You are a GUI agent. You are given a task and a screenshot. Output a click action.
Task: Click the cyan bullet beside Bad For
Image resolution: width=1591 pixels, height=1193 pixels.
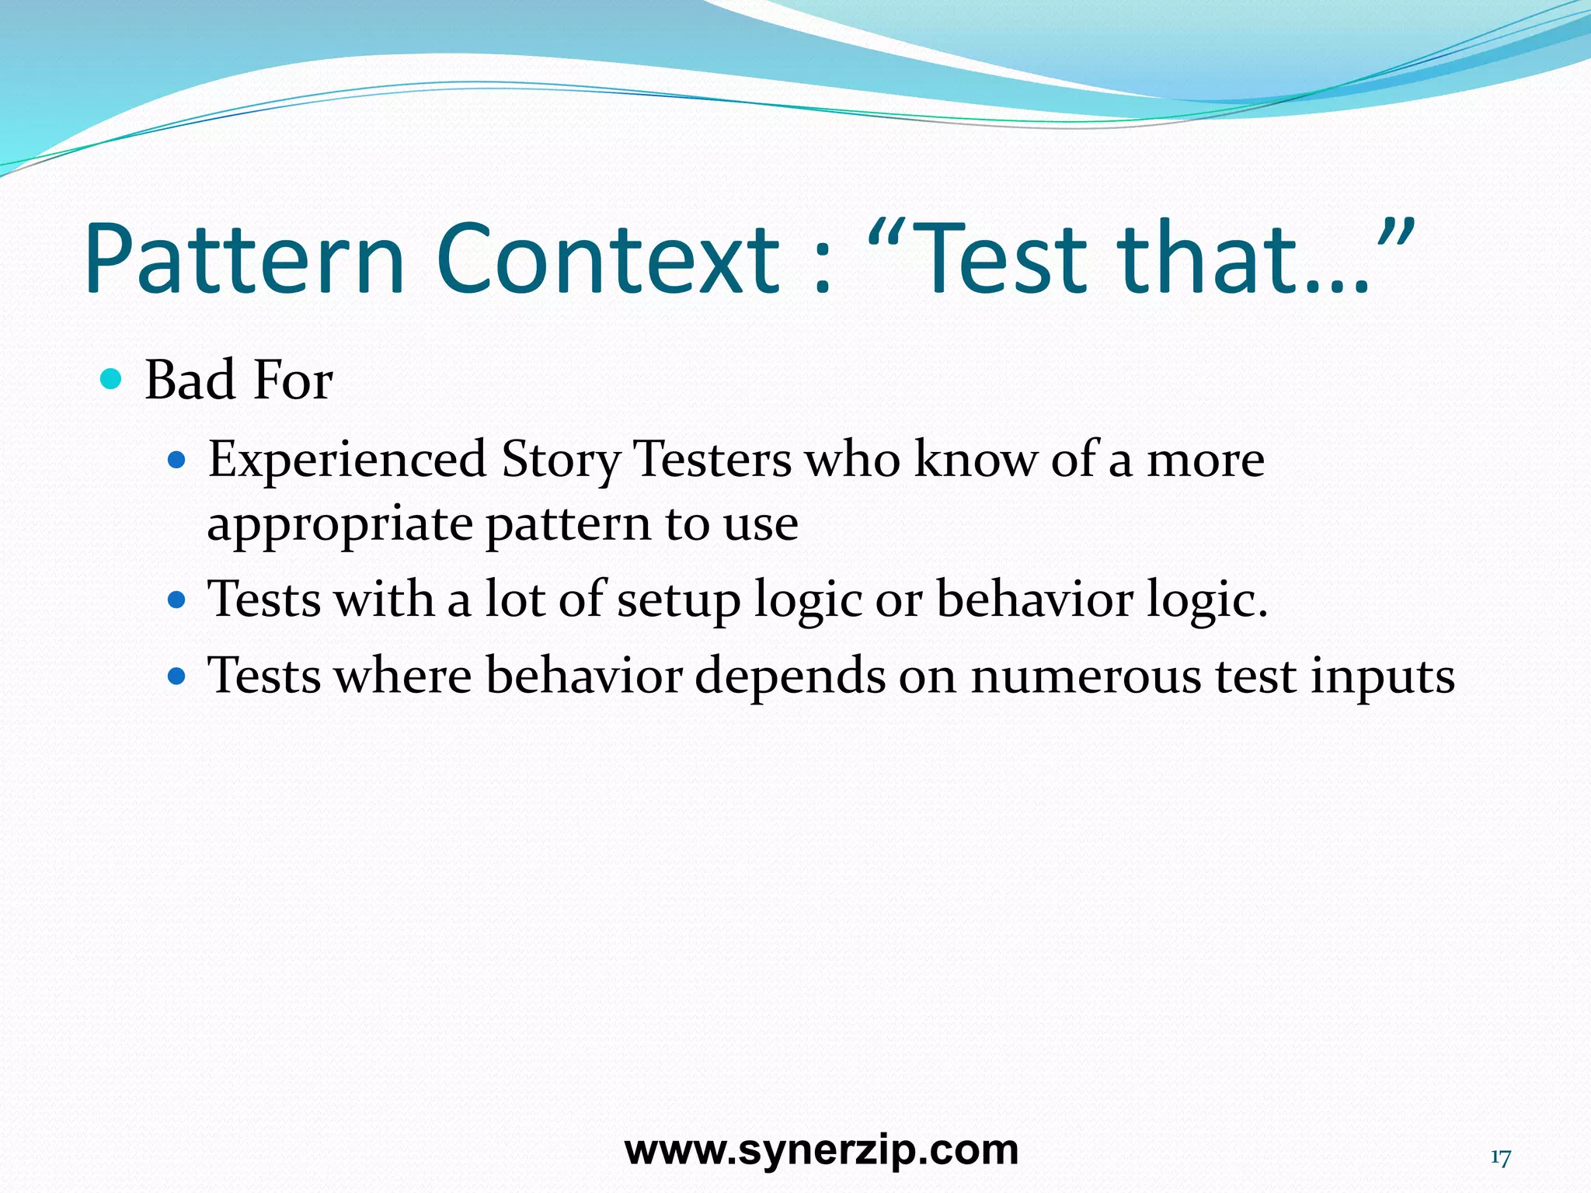pyautogui.click(x=112, y=380)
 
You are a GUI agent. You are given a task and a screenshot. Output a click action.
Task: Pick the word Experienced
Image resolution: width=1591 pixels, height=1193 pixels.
pyautogui.click(x=347, y=460)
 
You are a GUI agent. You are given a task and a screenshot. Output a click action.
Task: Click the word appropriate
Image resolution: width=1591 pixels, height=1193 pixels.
pyautogui.click(x=339, y=524)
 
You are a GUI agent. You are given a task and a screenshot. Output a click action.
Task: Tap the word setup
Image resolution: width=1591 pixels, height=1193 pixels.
pyautogui.click(x=679, y=600)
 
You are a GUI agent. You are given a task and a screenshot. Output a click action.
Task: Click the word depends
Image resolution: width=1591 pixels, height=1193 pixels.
pyautogui.click(x=790, y=676)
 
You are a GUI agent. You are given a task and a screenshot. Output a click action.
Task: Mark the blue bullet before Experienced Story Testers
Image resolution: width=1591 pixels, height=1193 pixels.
pyautogui.click(x=177, y=461)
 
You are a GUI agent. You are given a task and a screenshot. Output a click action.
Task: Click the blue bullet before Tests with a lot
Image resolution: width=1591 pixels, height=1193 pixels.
pyautogui.click(x=177, y=600)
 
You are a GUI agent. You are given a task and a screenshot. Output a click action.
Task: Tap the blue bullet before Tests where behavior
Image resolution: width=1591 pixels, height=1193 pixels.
pyautogui.click(x=177, y=676)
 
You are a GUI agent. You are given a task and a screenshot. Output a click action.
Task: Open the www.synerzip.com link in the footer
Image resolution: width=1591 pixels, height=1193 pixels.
pyautogui.click(x=821, y=1150)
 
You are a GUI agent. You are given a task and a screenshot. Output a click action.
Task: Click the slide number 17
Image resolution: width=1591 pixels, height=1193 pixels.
pyautogui.click(x=1500, y=1158)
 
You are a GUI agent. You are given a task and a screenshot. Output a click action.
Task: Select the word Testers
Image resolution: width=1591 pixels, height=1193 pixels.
pyautogui.click(x=712, y=460)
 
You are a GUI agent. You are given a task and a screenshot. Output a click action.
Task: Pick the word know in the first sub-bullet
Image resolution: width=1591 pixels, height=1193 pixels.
pyautogui.click(x=975, y=460)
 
